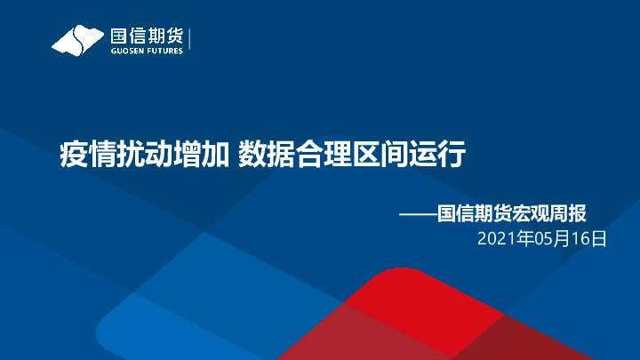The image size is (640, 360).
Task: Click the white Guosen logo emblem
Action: click(x=78, y=40)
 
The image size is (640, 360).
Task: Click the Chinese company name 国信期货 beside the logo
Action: click(x=147, y=36)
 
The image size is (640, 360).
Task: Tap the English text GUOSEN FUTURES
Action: click(x=147, y=51)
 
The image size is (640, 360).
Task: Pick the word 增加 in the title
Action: click(x=204, y=155)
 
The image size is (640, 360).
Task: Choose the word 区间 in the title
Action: click(x=384, y=155)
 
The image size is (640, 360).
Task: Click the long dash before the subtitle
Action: click(x=417, y=213)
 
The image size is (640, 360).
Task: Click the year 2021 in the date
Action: click(x=495, y=239)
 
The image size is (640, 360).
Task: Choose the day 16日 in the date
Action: click(x=590, y=239)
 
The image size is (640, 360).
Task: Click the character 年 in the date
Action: click(x=522, y=239)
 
